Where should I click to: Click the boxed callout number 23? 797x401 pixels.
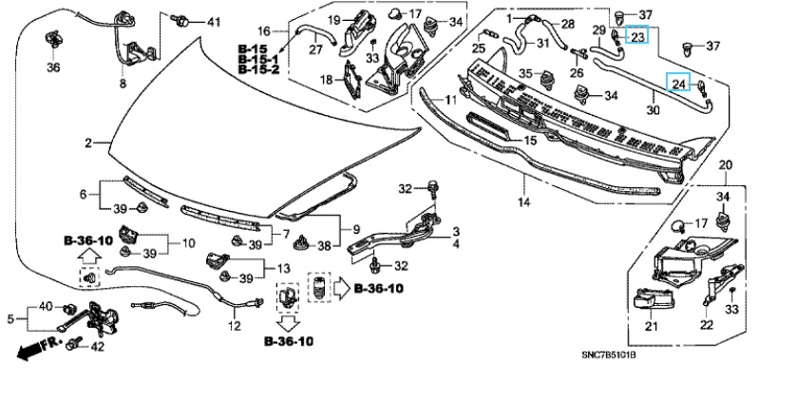637,37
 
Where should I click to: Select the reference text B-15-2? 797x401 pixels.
256,69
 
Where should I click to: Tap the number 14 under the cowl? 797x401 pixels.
522,203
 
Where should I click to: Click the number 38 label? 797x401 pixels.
324,245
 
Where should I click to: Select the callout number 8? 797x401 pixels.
122,85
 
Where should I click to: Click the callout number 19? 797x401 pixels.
334,20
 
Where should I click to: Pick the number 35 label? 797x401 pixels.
526,73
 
